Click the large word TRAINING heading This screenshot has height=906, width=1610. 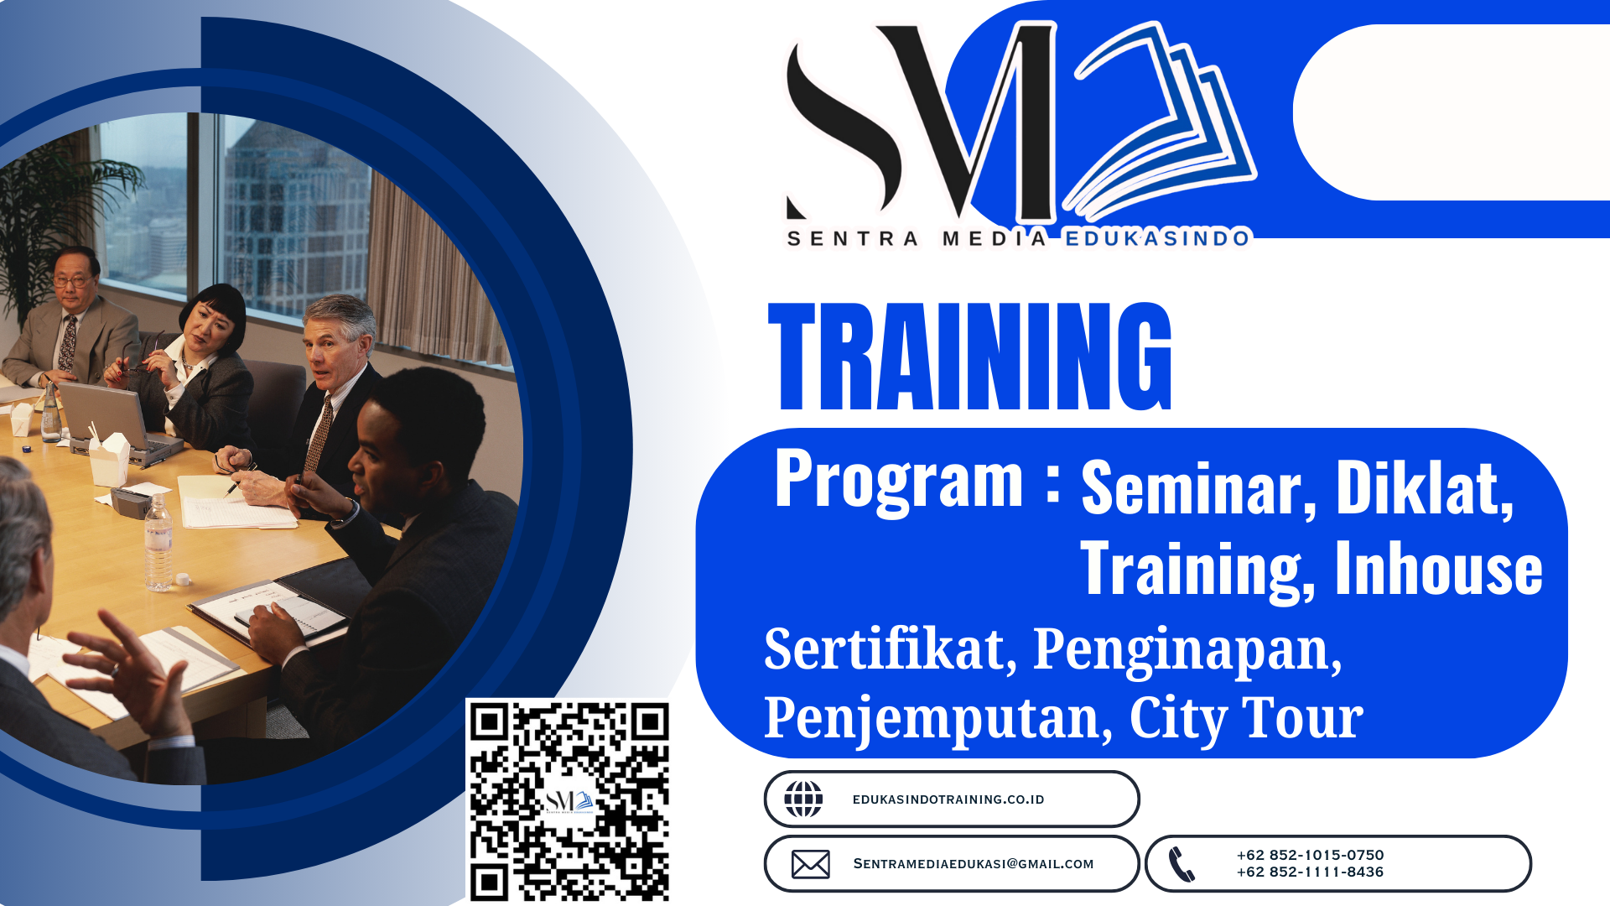pyautogui.click(x=970, y=357)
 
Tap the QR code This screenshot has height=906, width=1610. pyautogui.click(x=569, y=801)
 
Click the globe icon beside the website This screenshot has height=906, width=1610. pyautogui.click(x=803, y=799)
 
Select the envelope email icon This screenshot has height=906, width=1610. pyautogui.click(x=810, y=864)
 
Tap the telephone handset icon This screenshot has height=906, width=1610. pyautogui.click(x=1182, y=864)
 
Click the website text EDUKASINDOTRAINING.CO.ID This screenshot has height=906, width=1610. pyautogui.click(x=948, y=799)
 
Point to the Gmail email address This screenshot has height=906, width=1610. pyautogui.click(x=974, y=864)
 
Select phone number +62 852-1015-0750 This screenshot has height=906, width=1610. pyautogui.click(x=1310, y=855)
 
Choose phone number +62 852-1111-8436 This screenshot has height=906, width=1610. pyautogui.click(x=1310, y=872)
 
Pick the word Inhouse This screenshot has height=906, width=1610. pyautogui.click(x=1438, y=569)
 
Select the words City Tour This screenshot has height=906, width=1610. pyautogui.click(x=1246, y=719)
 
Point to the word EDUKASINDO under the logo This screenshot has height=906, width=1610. pyautogui.click(x=1157, y=239)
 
